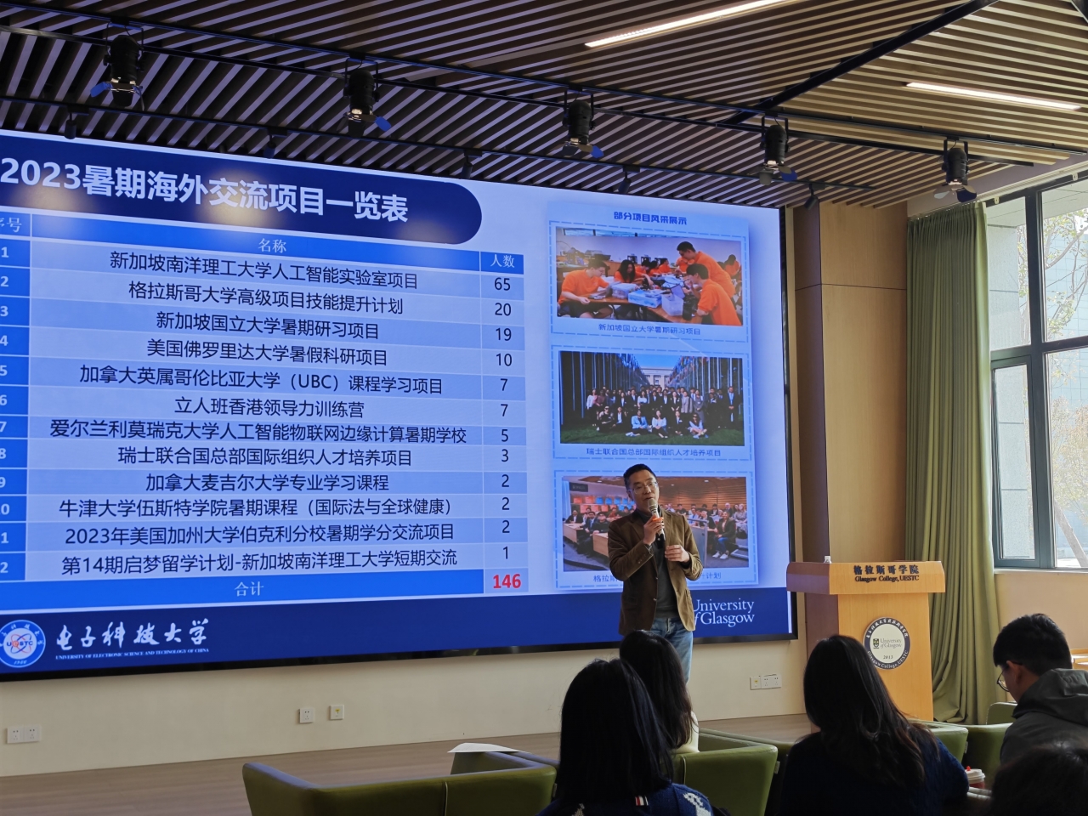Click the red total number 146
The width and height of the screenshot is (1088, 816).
point(503,581)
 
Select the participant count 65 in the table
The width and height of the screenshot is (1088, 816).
point(502,284)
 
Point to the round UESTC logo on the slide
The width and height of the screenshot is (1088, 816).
point(23,644)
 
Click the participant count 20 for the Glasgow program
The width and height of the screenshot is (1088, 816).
point(503,309)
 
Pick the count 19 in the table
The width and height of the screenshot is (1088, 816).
point(503,335)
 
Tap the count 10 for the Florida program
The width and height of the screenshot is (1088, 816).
point(503,360)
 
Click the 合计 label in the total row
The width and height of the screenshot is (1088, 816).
point(248,589)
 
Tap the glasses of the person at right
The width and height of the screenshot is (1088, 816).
point(1004,679)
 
